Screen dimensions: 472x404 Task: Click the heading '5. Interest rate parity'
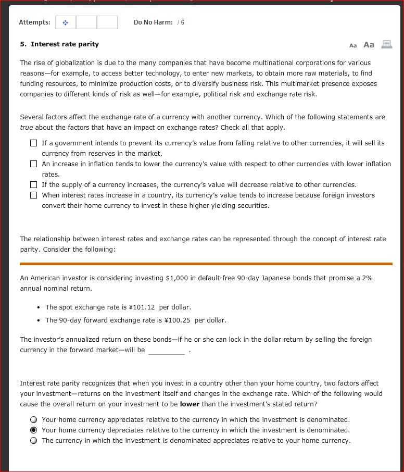coord(59,44)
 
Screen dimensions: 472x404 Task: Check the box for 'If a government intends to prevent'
coord(34,143)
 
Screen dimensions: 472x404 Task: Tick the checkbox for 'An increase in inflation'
coord(34,164)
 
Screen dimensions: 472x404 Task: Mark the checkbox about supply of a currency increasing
coord(34,185)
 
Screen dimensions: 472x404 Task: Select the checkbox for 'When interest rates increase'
coord(34,195)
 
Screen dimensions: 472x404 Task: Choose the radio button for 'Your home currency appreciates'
coord(34,420)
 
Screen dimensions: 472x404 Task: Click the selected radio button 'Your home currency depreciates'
coord(34,430)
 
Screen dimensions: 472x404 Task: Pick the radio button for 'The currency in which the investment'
coord(34,441)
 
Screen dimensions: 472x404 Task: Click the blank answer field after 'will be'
coord(166,351)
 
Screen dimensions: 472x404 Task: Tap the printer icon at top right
coord(386,45)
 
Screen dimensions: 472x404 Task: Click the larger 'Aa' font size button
coord(369,45)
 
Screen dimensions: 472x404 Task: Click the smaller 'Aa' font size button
coord(353,45)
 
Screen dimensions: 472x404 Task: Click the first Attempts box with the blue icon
coord(66,22)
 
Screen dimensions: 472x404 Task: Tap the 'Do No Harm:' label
coord(153,22)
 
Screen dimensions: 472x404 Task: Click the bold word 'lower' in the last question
coord(190,404)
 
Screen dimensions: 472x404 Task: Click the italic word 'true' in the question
coord(27,128)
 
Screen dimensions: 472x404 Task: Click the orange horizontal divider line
coord(206,264)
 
